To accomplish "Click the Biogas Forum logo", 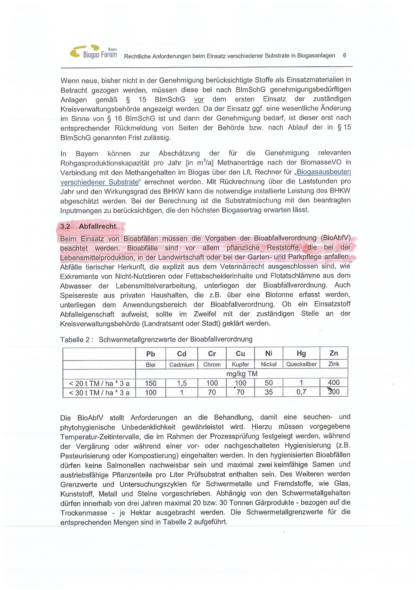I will click(93, 52).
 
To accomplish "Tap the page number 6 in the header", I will click(344, 55).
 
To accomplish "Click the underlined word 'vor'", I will click(199, 100).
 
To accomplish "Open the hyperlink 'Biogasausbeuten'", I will click(324, 172).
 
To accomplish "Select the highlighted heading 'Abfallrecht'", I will click(97, 226).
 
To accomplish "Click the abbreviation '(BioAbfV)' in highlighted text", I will click(335, 238).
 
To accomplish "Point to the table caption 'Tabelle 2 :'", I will click(77, 340).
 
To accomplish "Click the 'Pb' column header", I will click(150, 354).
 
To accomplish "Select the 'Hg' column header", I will click(301, 354).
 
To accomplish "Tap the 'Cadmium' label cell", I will click(181, 365).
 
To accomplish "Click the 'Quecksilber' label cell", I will click(301, 364).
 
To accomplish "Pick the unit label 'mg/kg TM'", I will click(242, 374).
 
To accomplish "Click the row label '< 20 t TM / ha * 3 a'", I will click(99, 383).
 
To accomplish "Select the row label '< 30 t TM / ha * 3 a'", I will click(99, 393).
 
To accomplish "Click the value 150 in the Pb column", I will click(150, 383).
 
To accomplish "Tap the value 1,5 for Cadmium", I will click(182, 383).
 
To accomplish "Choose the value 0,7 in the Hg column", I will click(301, 392).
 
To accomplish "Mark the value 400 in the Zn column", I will click(334, 383).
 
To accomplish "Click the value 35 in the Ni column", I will click(269, 392).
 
